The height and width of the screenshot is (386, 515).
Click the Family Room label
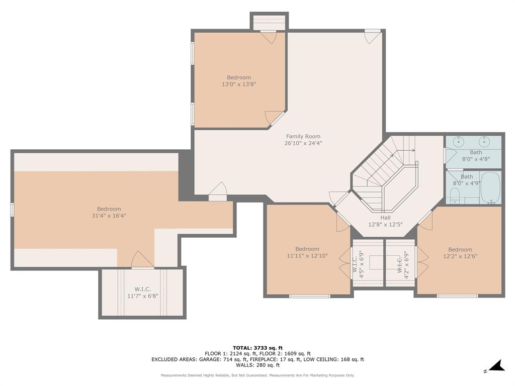point(303,136)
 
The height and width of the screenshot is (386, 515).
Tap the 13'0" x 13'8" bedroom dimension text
point(238,84)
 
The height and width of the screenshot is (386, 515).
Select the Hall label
point(385,218)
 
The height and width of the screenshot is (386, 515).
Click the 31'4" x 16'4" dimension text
point(109,216)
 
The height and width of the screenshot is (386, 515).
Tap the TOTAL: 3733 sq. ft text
point(257,348)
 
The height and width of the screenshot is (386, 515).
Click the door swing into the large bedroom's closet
point(142,260)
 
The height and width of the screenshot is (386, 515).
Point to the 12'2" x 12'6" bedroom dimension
point(460,256)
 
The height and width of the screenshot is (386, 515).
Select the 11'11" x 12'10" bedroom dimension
point(307,256)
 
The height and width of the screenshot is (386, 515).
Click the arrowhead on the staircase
point(413,150)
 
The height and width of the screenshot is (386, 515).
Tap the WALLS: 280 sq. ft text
point(257,365)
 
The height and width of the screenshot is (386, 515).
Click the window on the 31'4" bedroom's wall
point(12,210)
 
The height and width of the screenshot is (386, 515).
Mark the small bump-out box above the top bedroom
point(269,22)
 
